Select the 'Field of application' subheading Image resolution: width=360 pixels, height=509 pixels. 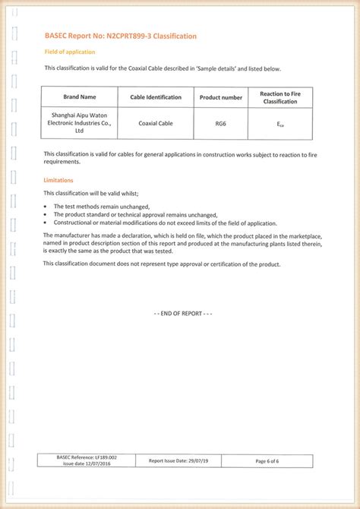[x=70, y=52]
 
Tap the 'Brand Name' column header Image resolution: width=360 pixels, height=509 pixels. [x=79, y=97]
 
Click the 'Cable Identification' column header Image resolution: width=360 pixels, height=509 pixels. [x=156, y=97]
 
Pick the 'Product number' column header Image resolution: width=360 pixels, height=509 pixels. [x=221, y=97]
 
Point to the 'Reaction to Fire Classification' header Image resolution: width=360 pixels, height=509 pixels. [x=279, y=97]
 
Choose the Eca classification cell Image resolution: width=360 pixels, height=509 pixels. [x=279, y=122]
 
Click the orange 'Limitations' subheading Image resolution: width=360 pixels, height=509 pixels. [x=58, y=180]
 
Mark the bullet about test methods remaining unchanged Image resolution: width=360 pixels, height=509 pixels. [x=102, y=207]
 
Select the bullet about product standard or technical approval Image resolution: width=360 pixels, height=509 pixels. [x=135, y=215]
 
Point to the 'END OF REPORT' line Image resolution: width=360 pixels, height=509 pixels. [x=183, y=314]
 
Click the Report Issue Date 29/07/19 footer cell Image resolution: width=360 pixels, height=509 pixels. [x=183, y=461]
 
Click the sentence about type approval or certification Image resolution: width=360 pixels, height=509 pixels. [x=162, y=264]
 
